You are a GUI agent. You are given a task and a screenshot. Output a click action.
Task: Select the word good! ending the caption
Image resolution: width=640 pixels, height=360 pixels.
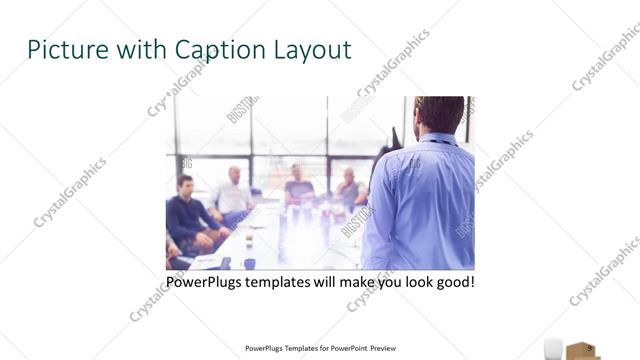tap(453, 283)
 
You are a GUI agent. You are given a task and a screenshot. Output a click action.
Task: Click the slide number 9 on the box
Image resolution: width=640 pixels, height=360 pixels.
tap(590, 348)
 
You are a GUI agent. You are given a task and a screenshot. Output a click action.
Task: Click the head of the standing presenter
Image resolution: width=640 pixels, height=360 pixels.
tap(438, 112)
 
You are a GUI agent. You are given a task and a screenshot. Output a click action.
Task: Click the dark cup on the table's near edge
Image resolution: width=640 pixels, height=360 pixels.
tap(248, 263)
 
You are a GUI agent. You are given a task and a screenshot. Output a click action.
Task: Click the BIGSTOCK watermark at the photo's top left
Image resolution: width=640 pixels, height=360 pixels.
tap(243, 108)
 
